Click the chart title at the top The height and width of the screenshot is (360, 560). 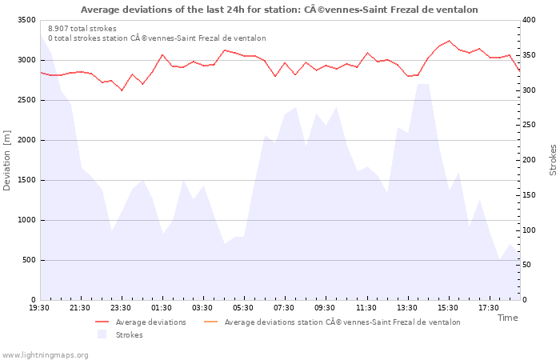click(279, 10)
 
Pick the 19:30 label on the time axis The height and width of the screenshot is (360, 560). click(39, 307)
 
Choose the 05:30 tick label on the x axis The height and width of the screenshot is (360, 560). click(244, 307)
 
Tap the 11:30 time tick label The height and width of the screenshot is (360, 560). click(366, 307)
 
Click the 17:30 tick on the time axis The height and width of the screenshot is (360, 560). click(489, 307)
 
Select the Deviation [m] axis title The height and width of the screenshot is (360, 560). click(7, 160)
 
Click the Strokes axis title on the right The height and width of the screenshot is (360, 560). click(553, 160)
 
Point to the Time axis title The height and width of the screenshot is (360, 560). click(507, 318)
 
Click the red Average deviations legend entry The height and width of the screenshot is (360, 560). click(150, 322)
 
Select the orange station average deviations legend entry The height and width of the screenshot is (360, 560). click(342, 322)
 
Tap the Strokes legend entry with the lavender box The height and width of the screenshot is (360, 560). click(129, 335)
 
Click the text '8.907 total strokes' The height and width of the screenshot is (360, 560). click(82, 29)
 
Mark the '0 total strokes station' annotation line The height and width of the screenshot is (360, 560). click(157, 38)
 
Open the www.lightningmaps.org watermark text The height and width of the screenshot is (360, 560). click(46, 354)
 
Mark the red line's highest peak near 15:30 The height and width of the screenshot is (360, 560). click(449, 41)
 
